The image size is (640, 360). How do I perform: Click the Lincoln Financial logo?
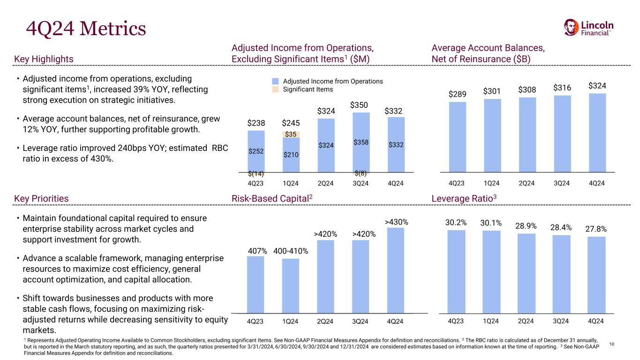[588, 28]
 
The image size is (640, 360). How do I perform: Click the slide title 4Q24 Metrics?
[85, 29]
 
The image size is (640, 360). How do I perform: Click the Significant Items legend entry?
[308, 89]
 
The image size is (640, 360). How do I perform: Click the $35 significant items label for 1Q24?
[291, 135]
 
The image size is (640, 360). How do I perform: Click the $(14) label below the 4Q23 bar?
[256, 174]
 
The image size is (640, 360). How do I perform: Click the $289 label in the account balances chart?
[457, 94]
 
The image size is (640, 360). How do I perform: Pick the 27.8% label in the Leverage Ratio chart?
[596, 229]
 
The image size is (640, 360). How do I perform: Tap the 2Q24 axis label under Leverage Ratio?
[526, 321]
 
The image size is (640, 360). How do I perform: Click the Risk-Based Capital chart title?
[272, 198]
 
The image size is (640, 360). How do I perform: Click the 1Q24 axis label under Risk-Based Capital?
[290, 321]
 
